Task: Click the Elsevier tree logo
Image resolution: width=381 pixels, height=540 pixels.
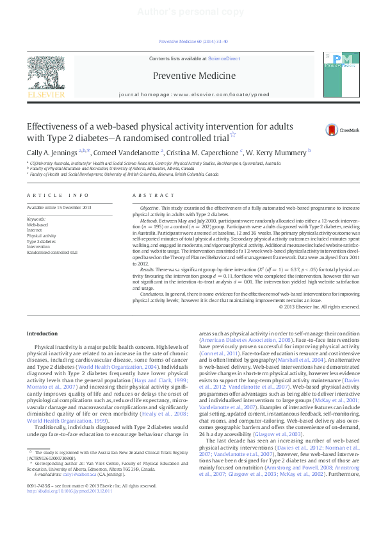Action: click(45, 72)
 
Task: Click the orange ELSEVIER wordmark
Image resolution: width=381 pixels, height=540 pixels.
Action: click(45, 95)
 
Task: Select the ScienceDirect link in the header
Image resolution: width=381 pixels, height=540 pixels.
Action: click(223, 58)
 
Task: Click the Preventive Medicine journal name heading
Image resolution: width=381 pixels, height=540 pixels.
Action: click(191, 76)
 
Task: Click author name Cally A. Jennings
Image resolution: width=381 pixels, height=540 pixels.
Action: click(53, 151)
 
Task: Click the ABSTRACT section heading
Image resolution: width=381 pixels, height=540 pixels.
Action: click(149, 195)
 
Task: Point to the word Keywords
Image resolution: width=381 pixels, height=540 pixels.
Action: click(36, 219)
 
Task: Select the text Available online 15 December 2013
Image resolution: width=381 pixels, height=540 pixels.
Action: click(59, 208)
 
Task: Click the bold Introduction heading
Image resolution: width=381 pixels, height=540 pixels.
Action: click(42, 333)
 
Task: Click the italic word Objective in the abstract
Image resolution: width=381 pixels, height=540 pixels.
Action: click(149, 208)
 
